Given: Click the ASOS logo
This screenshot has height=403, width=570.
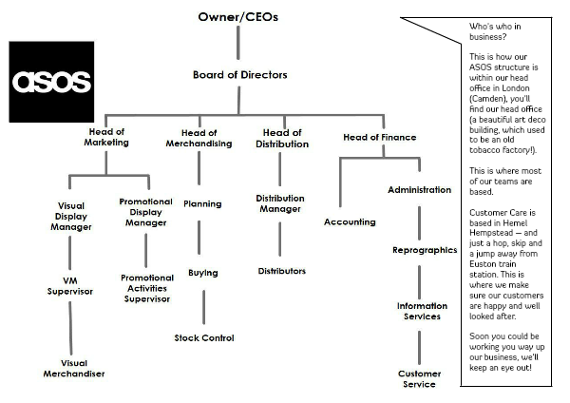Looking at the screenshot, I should point(52,80).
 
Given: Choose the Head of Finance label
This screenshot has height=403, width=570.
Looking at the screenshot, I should point(379,137).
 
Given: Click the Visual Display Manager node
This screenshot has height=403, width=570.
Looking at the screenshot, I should point(71,216).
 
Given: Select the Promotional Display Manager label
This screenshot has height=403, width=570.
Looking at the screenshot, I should point(146,212).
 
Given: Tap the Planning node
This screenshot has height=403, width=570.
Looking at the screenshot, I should point(201,204).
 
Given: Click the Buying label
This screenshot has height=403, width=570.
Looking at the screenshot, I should point(202,273).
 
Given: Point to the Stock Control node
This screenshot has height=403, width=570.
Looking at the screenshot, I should point(203,337).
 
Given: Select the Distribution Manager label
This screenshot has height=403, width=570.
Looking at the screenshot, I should point(280,204).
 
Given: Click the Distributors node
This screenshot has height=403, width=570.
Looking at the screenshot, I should point(281,271).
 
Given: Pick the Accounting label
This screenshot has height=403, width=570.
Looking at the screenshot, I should point(349,221).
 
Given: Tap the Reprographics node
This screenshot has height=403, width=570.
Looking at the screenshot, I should point(425,251).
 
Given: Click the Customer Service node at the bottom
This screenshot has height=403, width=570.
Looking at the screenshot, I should point(418,379).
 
